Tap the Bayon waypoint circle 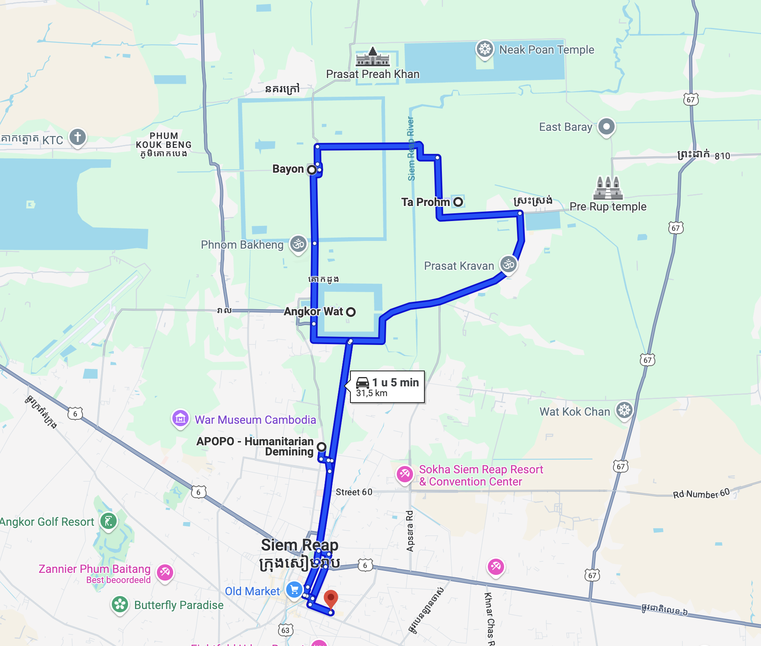coord(312,169)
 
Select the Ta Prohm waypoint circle coord(458,202)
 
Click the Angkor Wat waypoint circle coord(351,312)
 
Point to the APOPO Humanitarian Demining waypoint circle coord(322,447)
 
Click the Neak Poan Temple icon coord(485,49)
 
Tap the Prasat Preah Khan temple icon coord(373,57)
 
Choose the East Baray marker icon coord(606,126)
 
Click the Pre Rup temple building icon coord(608,188)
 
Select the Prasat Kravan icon coord(508,265)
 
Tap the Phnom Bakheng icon coord(298,244)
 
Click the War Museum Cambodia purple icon coord(180,418)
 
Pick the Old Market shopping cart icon coord(294,590)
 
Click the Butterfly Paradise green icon coord(120,605)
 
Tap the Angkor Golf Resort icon coord(109,521)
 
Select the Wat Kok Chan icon coord(624,410)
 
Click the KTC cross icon coord(78,137)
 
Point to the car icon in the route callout coord(363,382)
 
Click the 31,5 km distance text coord(372,393)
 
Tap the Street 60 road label coord(354,492)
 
